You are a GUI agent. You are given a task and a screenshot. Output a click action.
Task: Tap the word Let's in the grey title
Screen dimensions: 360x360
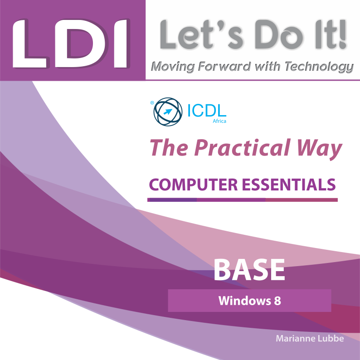click(x=201, y=34)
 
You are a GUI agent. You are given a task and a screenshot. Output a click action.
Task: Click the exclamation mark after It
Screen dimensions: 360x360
click(x=342, y=34)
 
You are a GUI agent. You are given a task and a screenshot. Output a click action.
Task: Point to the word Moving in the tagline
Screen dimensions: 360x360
click(x=173, y=67)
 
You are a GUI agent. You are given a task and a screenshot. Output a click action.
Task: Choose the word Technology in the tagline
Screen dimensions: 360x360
click(x=319, y=67)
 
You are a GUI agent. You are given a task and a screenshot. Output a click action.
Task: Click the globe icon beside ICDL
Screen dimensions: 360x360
click(x=168, y=112)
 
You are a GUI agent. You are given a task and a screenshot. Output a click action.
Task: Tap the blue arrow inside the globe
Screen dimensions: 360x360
click(x=168, y=112)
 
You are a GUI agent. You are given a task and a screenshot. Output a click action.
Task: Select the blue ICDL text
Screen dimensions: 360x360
click(x=207, y=111)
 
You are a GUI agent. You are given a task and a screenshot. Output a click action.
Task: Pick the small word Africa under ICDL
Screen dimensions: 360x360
click(x=219, y=121)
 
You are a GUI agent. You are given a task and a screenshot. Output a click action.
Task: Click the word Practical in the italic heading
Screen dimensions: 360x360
click(x=243, y=148)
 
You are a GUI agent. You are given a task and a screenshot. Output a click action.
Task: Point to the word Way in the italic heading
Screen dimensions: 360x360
click(x=319, y=149)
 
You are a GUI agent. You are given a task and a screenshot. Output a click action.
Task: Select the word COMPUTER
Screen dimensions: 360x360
click(x=193, y=185)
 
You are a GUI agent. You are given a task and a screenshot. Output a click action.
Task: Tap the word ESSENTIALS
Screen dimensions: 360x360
click(x=289, y=185)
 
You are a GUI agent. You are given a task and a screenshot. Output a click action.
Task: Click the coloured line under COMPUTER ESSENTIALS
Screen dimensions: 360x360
click(x=243, y=200)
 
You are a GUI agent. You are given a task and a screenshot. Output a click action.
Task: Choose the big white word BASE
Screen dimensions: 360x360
click(x=249, y=270)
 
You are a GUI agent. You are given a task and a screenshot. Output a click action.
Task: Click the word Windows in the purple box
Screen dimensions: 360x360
click(x=245, y=301)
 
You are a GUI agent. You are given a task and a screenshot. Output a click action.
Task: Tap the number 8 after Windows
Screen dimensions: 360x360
click(x=277, y=301)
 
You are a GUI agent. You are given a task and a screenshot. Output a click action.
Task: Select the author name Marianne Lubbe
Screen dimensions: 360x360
click(x=310, y=338)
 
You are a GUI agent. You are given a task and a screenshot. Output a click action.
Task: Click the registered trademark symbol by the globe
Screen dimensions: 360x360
click(x=152, y=103)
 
